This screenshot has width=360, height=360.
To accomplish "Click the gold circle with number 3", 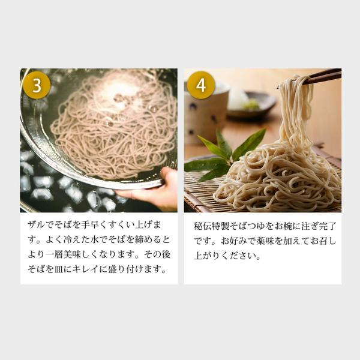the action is (37, 85).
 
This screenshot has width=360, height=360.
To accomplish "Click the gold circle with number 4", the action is (201, 85).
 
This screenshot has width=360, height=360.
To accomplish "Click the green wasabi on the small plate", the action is (252, 104).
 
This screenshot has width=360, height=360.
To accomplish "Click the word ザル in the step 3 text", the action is (37, 224).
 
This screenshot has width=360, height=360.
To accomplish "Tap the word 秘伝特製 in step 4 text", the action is (211, 226).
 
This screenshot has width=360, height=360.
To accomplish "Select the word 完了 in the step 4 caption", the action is (328, 226).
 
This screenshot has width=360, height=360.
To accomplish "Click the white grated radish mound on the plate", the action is (238, 99).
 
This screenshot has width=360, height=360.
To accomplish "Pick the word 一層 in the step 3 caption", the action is (55, 254).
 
